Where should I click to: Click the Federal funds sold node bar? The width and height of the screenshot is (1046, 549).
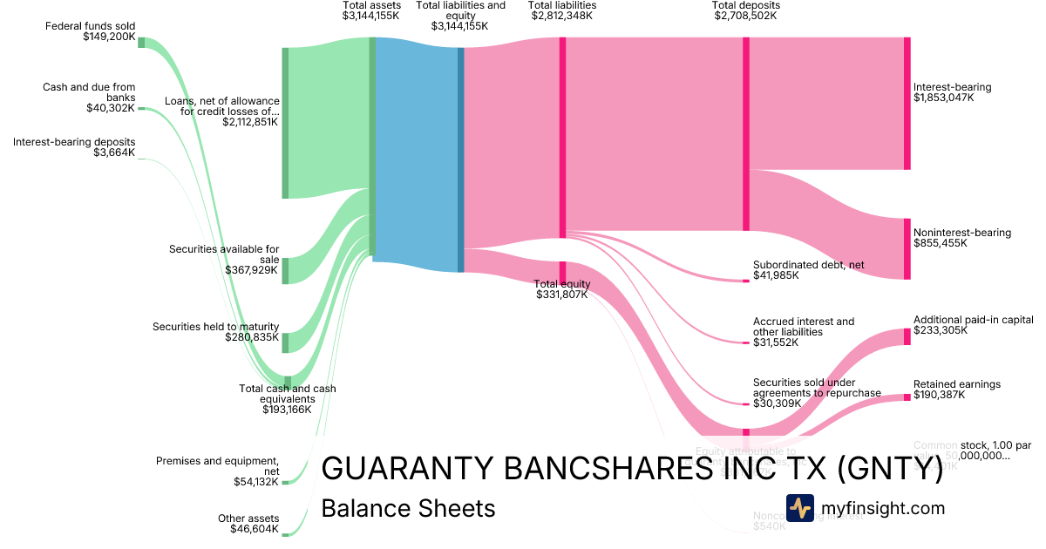point(141,43)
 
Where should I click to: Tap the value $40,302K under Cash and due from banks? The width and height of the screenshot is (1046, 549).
point(111,108)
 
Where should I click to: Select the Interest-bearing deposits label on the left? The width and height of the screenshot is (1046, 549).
point(74,142)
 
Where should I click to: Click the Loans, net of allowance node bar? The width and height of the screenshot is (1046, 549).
point(285,123)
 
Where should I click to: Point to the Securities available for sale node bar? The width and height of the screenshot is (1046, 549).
point(285,270)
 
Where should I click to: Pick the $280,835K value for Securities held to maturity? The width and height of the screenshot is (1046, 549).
point(252,337)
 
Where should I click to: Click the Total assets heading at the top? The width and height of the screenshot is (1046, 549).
point(371,5)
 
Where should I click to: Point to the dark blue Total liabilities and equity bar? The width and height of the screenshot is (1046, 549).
point(461,159)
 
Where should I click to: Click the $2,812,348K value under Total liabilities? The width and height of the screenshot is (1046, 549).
point(562,16)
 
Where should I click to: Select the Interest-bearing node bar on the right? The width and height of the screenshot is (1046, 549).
point(907,104)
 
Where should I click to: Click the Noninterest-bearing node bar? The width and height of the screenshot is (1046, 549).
point(907,249)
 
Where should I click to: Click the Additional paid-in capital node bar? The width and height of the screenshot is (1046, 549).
point(907,336)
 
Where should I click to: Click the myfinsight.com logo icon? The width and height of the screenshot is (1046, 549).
point(799,507)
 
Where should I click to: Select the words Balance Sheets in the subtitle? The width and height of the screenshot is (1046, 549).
point(408,508)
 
